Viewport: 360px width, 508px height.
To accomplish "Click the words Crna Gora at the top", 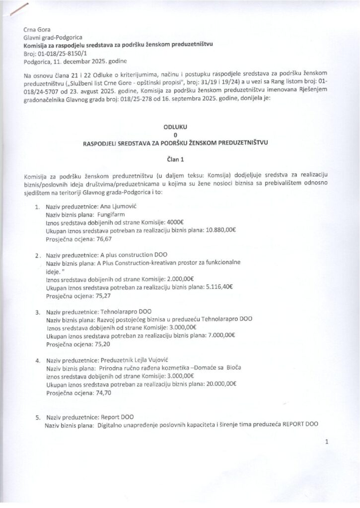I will click(37, 29).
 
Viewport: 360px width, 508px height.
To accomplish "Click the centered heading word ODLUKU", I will click(175, 127).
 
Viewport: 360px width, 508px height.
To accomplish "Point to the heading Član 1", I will click(175, 160).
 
